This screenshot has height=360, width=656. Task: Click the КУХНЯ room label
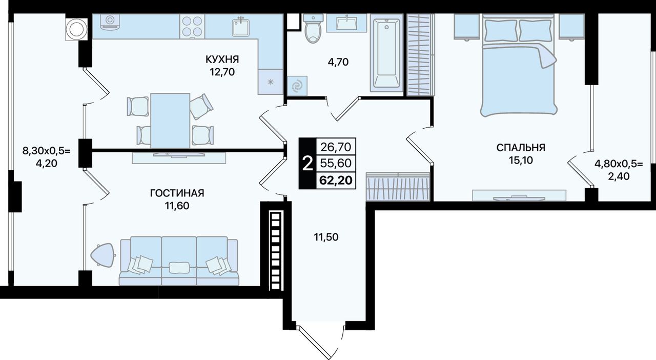coord(222,59)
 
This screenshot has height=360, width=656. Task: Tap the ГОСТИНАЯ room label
coord(177,193)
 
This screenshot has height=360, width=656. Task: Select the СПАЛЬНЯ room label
coord(521,148)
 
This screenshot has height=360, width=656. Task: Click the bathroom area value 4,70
coord(338,62)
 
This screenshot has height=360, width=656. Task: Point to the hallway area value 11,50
coord(326,237)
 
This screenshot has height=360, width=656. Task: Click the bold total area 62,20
coord(336,180)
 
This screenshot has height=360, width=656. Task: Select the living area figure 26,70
coord(336,147)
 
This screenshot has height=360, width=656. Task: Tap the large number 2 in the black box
coord(307,164)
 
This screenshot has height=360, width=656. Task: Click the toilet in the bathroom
coord(313,28)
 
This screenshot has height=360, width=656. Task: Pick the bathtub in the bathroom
coord(386,53)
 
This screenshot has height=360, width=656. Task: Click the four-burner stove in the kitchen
coord(192,26)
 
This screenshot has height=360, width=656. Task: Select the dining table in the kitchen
coord(170,121)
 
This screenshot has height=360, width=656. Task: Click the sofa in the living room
coord(179,261)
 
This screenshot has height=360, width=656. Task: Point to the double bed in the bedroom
coord(519,65)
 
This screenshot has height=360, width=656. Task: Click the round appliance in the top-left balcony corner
coord(76,29)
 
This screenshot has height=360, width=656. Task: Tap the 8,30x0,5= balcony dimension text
coord(47,151)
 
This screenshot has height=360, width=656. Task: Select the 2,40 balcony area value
coord(619,176)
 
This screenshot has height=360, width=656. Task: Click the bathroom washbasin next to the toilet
coord(346,23)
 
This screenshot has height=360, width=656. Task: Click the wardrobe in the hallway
coord(398,187)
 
